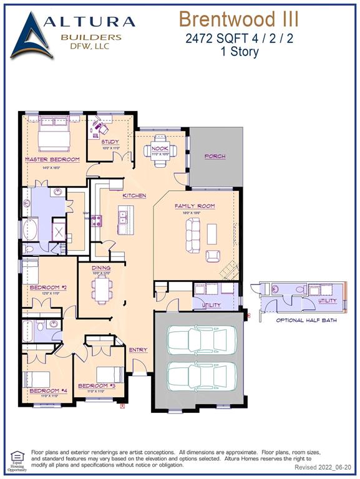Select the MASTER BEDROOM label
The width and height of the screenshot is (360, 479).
(52, 160)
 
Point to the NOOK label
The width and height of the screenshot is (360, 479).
(160, 148)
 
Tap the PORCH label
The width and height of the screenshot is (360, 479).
(215, 156)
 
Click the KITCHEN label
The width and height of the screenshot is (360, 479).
(134, 195)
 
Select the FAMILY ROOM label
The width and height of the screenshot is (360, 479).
(195, 206)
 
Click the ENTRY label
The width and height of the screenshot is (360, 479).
(138, 350)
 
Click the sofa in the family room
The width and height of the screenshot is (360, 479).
(192, 235)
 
